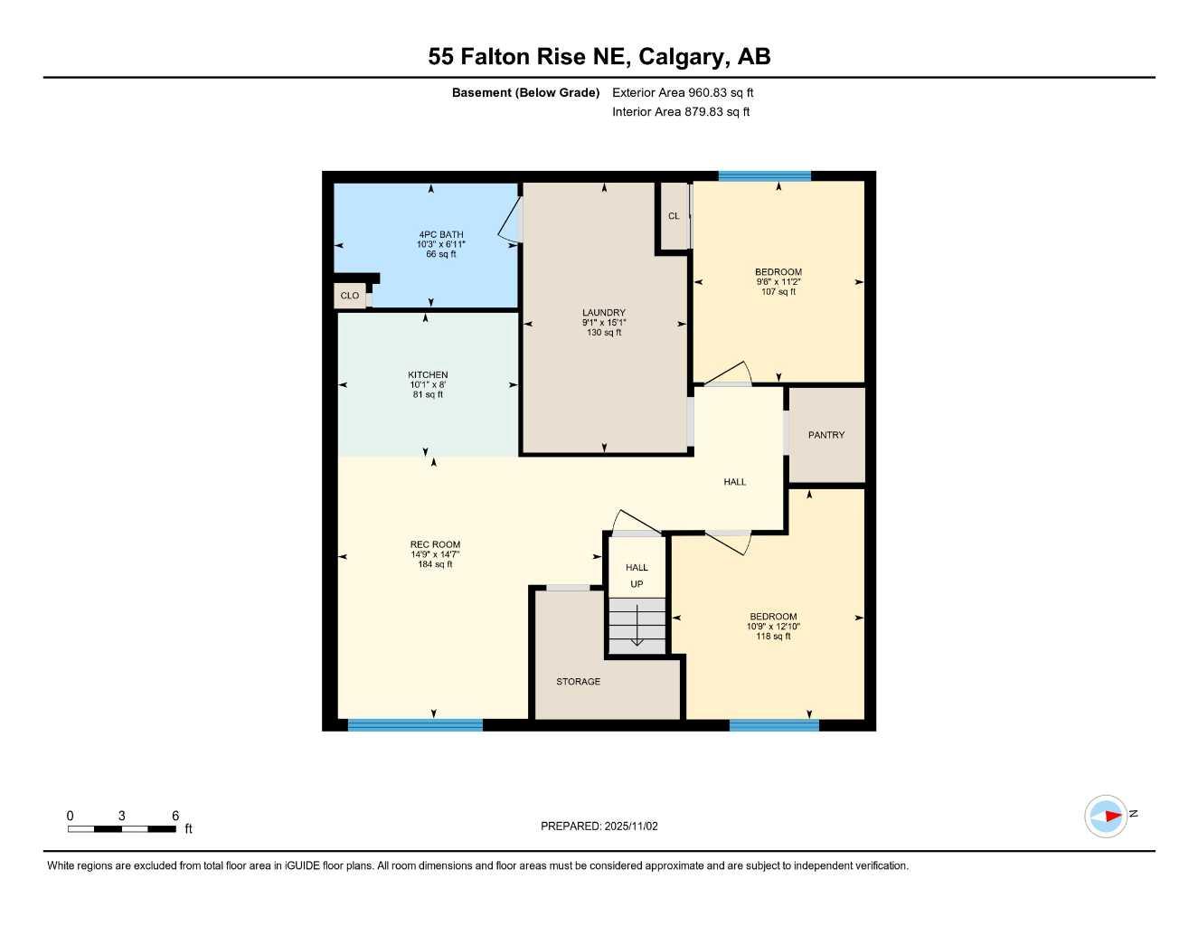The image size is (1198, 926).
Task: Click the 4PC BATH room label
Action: point(440,235)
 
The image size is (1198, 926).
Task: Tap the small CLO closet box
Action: point(350,296)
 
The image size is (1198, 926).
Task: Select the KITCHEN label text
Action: point(428,374)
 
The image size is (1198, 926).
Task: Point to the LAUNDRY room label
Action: point(603,313)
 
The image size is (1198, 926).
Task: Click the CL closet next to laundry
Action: point(674,216)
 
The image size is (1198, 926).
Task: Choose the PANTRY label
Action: point(826,435)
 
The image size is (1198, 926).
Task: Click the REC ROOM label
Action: point(435,544)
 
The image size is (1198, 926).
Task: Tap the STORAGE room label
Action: point(578,682)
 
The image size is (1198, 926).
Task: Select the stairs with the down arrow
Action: point(637,626)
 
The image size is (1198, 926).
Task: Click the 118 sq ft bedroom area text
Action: point(773,637)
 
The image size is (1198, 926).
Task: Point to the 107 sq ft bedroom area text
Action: point(778,292)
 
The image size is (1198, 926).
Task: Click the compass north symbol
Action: point(1106,816)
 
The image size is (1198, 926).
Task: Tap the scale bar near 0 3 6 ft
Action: point(122,828)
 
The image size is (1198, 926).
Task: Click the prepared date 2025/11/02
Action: point(599,827)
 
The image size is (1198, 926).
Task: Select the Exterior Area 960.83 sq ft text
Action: point(683,92)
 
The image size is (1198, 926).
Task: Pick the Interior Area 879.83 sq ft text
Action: point(681,112)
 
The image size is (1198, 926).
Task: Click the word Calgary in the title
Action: point(684,57)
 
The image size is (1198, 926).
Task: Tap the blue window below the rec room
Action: point(415,724)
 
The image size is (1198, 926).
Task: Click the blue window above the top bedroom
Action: point(764,176)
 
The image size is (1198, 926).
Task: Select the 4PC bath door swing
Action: point(511,221)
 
